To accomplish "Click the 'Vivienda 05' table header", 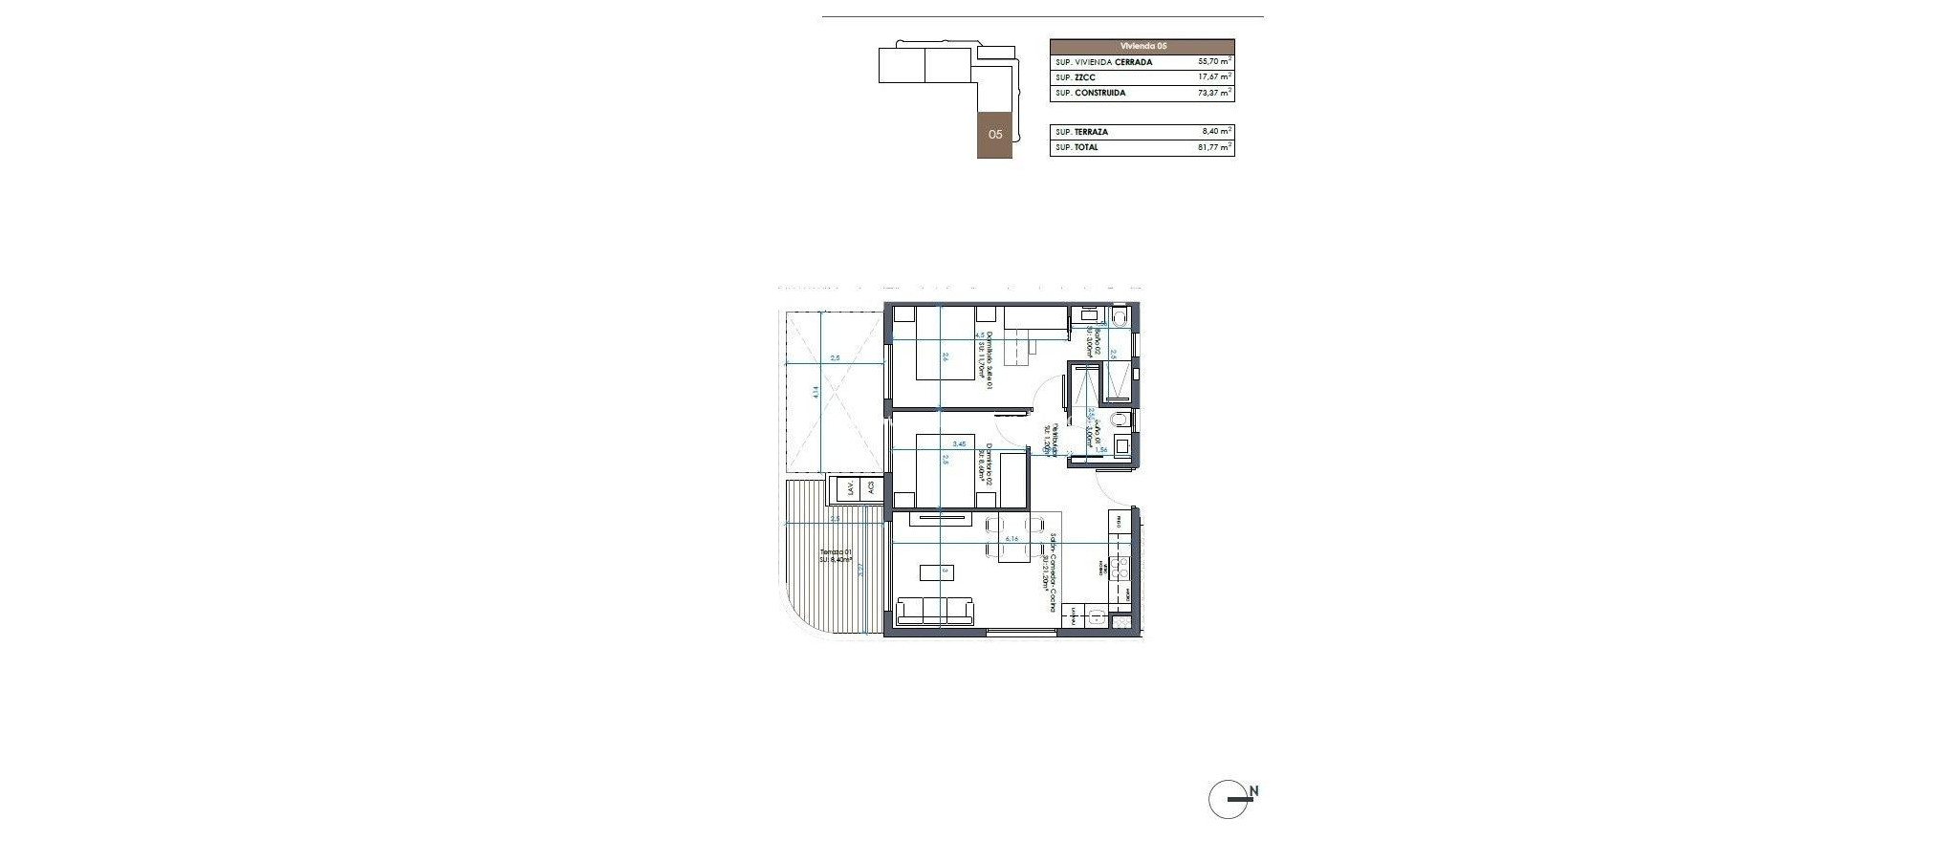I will (1142, 46).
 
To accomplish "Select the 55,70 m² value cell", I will (1213, 61).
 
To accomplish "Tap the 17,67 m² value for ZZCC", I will (1213, 77).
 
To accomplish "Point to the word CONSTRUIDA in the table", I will (1100, 94).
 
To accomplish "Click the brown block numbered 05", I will (995, 135).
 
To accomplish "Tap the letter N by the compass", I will (1254, 791).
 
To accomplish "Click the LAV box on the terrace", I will (181, 488).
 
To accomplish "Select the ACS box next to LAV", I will (202, 488).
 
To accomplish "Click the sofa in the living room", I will (265, 611).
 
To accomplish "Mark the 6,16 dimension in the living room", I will (341, 539).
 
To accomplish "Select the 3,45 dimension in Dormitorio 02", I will (291, 444).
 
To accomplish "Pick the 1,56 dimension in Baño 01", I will (1100, 449).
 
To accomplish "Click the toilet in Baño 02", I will (1120, 315).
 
